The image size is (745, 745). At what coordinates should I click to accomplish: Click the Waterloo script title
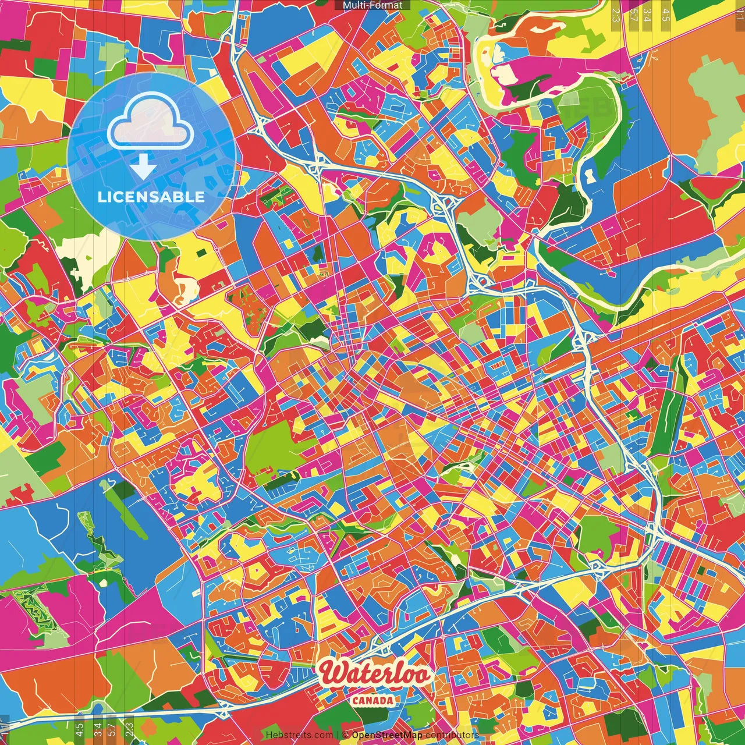click(375, 674)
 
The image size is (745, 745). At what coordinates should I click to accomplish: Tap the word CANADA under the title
click(372, 700)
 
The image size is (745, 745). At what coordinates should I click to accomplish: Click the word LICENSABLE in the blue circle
click(151, 197)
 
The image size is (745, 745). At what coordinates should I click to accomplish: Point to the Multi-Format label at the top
click(372, 5)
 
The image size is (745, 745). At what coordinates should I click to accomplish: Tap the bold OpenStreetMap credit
click(387, 735)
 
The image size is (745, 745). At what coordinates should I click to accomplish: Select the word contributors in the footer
click(452, 735)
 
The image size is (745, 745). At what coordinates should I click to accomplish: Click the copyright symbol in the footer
click(345, 735)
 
